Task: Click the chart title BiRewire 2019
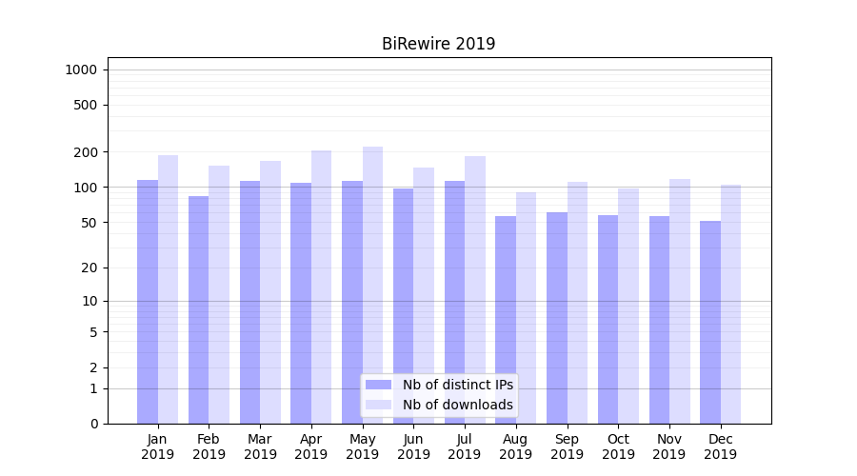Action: point(438,44)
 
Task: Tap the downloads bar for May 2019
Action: point(372,285)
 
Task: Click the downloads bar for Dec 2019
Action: point(730,304)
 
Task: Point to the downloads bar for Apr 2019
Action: point(321,287)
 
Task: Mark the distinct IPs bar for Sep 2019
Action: point(557,318)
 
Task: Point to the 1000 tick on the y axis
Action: point(81,69)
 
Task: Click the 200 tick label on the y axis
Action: point(86,152)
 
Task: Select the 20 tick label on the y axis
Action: point(90,268)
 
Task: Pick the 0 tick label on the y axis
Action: point(93,424)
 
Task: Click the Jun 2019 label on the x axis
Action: point(413,446)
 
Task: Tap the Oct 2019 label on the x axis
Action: point(618,446)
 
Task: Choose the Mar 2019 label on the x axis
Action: point(260,446)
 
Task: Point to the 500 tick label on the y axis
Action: point(86,105)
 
